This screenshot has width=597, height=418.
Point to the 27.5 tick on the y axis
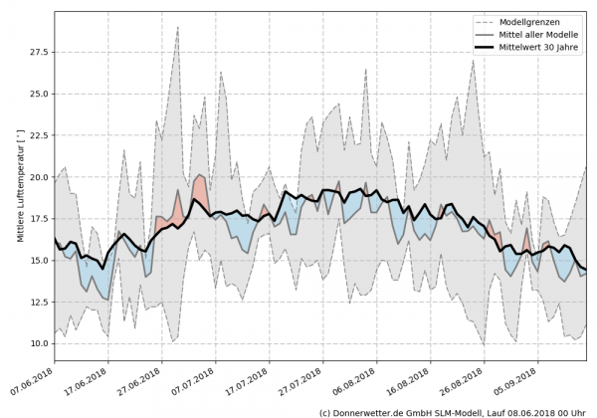coord(38,51)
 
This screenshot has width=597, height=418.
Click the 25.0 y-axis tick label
coord(38,94)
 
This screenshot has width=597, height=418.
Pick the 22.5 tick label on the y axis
coord(38,135)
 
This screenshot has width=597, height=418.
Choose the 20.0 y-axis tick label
coord(38,177)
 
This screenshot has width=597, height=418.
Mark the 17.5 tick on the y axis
coord(38,219)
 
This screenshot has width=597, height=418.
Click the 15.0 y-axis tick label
coord(38,261)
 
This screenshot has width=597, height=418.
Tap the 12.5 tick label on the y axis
coord(38,303)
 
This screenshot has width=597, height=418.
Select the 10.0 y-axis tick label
coord(38,344)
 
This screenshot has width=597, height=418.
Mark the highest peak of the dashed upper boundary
coord(177,27)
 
